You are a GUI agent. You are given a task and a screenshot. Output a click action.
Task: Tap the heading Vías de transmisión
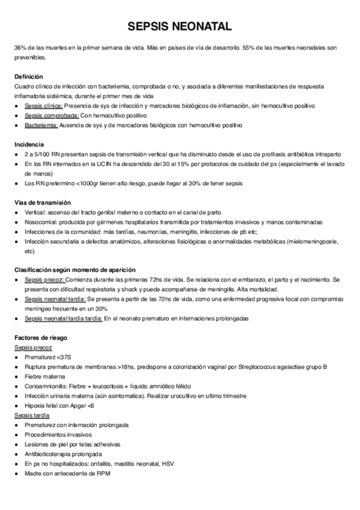[x=43, y=202]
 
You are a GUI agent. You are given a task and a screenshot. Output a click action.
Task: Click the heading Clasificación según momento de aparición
[x=75, y=269]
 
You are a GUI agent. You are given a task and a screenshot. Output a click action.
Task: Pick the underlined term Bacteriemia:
[x=41, y=125]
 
